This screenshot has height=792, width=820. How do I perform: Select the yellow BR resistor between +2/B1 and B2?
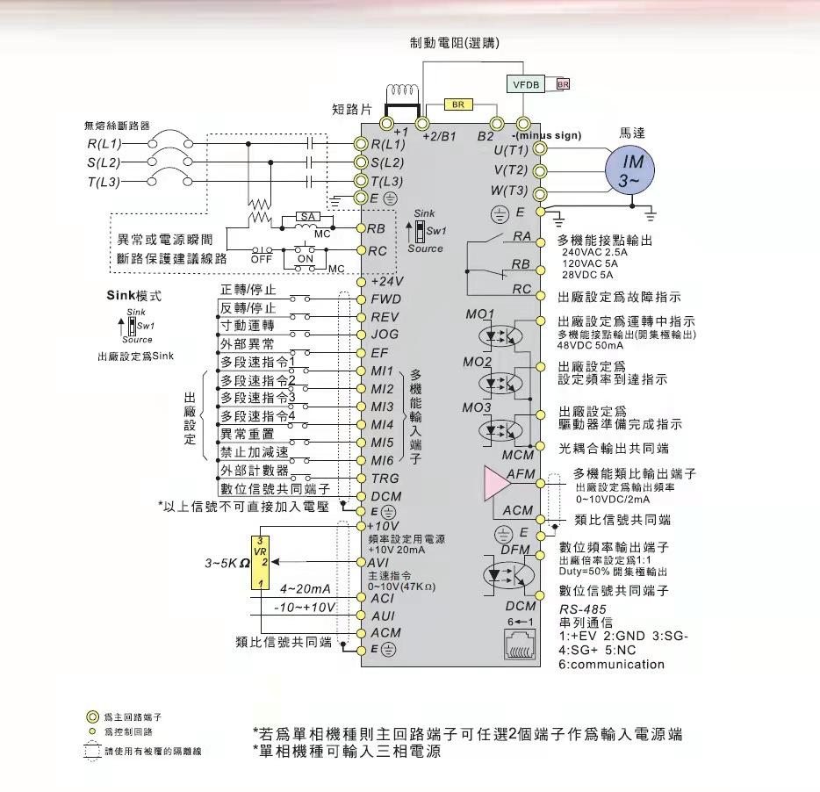pyautogui.click(x=458, y=104)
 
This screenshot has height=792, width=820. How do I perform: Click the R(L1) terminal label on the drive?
pyautogui.click(x=388, y=144)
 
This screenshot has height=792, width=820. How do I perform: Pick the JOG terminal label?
pyautogui.click(x=385, y=335)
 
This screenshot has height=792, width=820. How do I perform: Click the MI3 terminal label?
pyautogui.click(x=382, y=407)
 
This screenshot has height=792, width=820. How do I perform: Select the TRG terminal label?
pyautogui.click(x=385, y=479)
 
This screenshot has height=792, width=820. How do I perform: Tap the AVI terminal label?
pyautogui.click(x=381, y=562)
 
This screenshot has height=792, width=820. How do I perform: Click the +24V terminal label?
pyautogui.click(x=386, y=282)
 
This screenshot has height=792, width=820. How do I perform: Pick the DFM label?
pyautogui.click(x=514, y=550)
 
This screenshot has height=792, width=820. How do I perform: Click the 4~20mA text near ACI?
pyautogui.click(x=306, y=588)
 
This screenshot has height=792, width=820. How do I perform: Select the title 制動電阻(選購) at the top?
pyautogui.click(x=455, y=43)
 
